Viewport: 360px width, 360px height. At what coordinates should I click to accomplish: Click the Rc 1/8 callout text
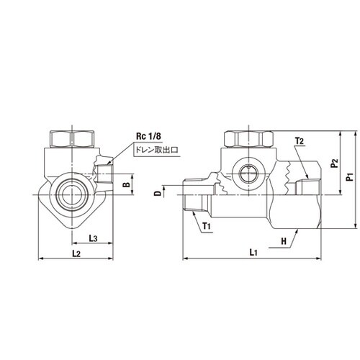pyautogui.click(x=148, y=136)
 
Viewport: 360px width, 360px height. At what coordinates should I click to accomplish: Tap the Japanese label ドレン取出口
pyautogui.click(x=157, y=150)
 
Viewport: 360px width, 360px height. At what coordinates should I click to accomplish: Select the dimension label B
pyautogui.click(x=127, y=184)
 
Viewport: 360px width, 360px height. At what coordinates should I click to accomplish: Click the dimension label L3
pyautogui.click(x=93, y=238)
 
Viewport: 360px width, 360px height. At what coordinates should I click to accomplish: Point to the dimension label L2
pyautogui.click(x=76, y=253)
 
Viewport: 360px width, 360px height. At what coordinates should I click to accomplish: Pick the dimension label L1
pyautogui.click(x=253, y=252)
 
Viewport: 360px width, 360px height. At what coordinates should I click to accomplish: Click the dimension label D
pyautogui.click(x=158, y=194)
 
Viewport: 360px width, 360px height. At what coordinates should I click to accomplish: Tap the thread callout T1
pyautogui.click(x=207, y=226)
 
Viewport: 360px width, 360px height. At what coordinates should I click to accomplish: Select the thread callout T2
pyautogui.click(x=300, y=141)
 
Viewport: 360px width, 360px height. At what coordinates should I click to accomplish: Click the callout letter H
pyautogui.click(x=284, y=241)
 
